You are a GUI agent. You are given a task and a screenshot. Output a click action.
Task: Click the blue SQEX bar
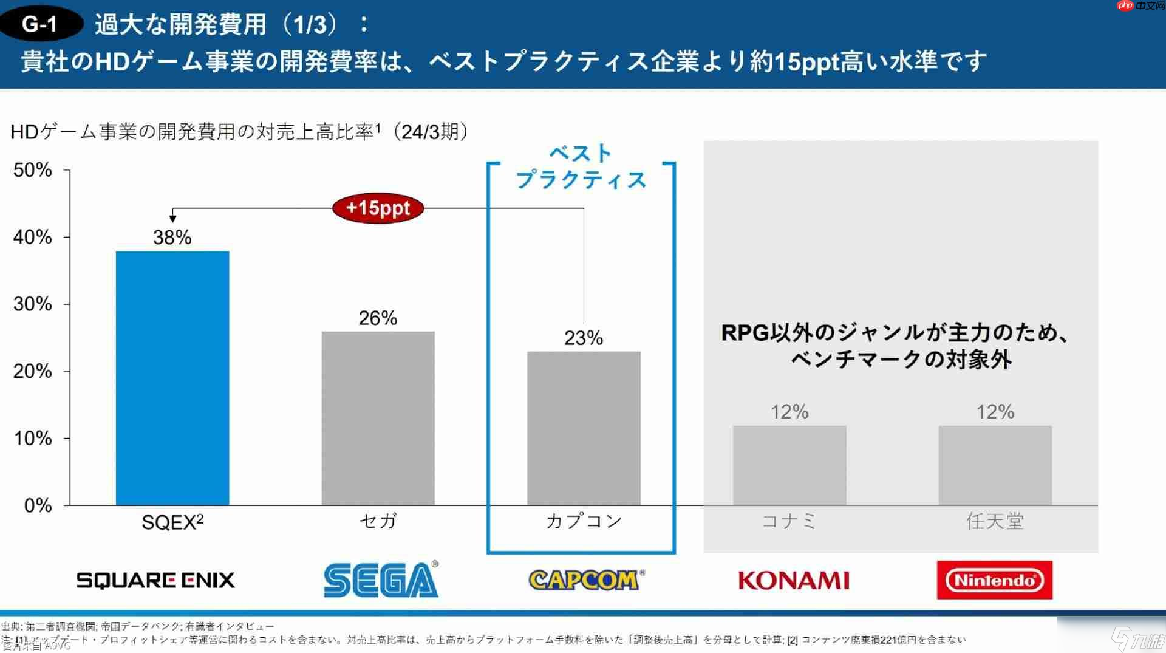point(172,378)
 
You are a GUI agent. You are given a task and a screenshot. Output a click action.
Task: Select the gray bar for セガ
point(378,418)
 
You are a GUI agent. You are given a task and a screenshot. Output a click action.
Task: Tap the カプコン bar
point(584,428)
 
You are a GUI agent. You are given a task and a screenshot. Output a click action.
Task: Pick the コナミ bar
point(789,465)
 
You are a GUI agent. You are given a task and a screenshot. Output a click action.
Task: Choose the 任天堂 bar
point(995,465)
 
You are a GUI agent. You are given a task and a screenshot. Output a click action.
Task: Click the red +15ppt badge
point(378,208)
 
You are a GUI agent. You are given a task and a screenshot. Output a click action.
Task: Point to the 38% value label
point(172,238)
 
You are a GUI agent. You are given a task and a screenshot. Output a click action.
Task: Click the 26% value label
point(378,318)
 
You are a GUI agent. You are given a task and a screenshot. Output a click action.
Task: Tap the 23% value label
point(584,338)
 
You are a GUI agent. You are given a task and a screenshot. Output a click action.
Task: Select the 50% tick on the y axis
point(33,170)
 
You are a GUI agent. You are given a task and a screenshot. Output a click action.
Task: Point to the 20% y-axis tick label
point(33,371)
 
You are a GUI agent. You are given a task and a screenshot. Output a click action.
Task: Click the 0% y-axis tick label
point(38,505)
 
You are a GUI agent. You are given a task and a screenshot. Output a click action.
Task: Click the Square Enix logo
point(155,580)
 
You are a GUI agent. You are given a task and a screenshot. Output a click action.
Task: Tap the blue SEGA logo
point(381,579)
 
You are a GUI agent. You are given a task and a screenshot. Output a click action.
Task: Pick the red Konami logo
point(794,581)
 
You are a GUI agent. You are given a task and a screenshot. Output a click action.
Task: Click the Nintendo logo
point(995,580)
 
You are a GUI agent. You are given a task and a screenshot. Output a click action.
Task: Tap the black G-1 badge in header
point(40,24)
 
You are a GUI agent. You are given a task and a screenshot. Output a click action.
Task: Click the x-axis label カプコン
point(584,521)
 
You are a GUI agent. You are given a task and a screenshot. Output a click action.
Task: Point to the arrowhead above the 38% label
point(173,218)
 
